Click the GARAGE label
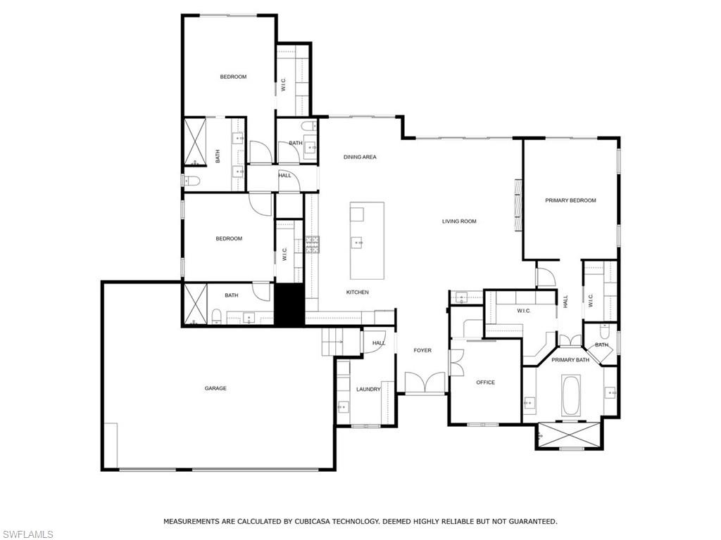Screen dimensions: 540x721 pyautogui.click(x=215, y=388)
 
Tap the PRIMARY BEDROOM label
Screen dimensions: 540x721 pyautogui.click(x=570, y=200)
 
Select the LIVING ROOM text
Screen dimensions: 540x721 pyautogui.click(x=459, y=221)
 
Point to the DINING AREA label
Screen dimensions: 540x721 pyautogui.click(x=360, y=157)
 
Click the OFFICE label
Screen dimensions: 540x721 pyautogui.click(x=485, y=382)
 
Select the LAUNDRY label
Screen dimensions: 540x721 pyautogui.click(x=368, y=389)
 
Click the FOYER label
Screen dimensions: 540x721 pyautogui.click(x=422, y=350)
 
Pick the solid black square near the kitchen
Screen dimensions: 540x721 pyautogui.click(x=287, y=304)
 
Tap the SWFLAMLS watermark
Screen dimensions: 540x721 pyautogui.click(x=27, y=534)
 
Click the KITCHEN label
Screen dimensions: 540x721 pyautogui.click(x=357, y=292)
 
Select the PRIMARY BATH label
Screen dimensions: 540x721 pyautogui.click(x=570, y=360)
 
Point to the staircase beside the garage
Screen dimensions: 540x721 pyautogui.click(x=332, y=342)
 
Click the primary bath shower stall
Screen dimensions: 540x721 pyautogui.click(x=570, y=435)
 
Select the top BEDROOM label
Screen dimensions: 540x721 pyautogui.click(x=233, y=77)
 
